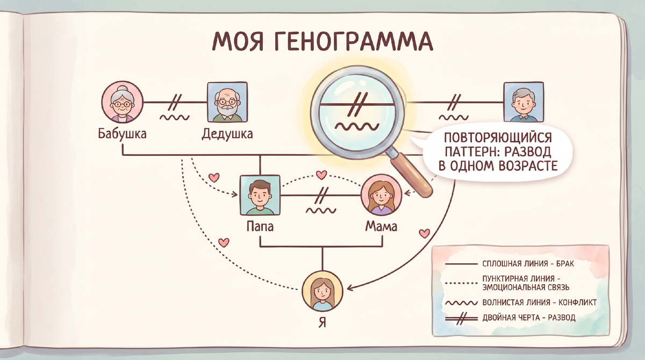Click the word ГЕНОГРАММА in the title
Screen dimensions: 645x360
[355, 41]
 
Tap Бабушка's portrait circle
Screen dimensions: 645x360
[122, 102]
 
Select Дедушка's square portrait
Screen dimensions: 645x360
[227, 102]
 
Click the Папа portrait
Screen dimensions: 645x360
[260, 195]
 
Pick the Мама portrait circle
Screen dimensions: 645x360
[381, 195]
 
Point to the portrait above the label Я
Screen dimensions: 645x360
[322, 291]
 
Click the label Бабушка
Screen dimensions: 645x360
[122, 134]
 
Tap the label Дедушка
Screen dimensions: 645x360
[227, 134]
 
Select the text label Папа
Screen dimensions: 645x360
[260, 226]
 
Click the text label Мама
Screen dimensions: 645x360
[381, 226]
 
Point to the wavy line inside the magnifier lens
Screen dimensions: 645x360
[356, 126]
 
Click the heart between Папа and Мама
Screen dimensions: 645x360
[321, 175]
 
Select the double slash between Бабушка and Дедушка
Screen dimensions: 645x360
[175, 102]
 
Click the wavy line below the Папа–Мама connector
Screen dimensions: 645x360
[321, 211]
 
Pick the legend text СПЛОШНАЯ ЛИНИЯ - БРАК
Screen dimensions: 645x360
[528, 264]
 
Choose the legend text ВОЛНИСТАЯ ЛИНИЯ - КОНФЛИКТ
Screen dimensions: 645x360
[539, 303]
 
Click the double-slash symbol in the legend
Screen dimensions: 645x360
[461, 318]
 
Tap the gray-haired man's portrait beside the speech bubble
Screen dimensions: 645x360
[524, 102]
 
